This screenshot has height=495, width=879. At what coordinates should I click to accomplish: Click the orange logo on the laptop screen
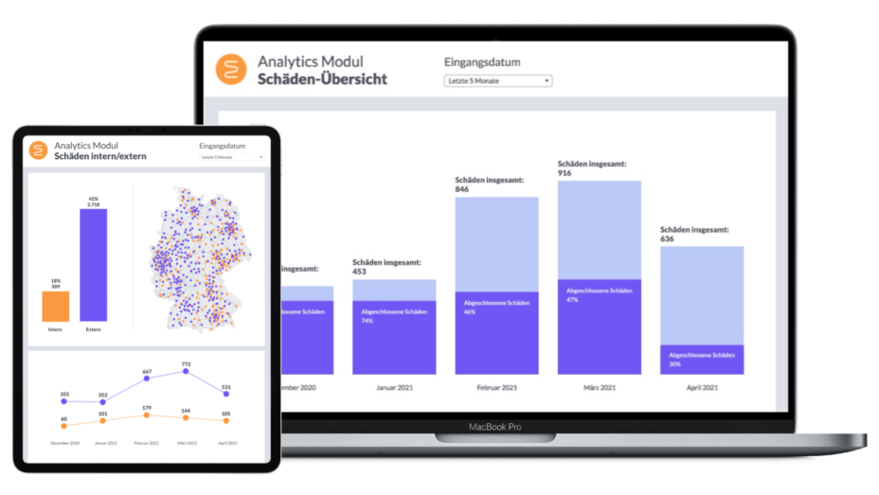point(230,70)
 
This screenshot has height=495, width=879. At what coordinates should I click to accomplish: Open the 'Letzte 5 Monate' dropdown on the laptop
point(497,81)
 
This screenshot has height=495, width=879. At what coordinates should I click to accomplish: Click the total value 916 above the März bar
point(566,172)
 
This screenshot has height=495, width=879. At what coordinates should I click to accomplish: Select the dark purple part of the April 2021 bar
point(701,360)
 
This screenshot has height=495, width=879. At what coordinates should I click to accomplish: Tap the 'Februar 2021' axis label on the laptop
point(496,387)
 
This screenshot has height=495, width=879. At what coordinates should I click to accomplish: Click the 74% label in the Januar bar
point(367,321)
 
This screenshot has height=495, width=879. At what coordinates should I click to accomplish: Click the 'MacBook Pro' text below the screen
point(495,427)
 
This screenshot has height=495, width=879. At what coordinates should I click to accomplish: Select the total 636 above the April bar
point(669,239)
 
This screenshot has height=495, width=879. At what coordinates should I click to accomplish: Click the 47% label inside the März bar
point(571,299)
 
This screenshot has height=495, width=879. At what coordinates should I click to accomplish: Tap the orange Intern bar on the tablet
point(56,306)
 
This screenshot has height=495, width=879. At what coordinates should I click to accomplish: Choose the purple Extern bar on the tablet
point(93,265)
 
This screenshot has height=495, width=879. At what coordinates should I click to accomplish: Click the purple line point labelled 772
point(187,372)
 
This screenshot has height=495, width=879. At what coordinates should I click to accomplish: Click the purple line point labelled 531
point(226,393)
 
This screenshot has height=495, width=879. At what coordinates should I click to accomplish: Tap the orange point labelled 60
point(64,426)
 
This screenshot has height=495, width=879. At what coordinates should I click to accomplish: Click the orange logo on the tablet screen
point(38,150)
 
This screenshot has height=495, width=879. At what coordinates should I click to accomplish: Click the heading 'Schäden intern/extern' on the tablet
point(99,156)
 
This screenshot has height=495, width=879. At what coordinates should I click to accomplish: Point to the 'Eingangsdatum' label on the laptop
point(482,62)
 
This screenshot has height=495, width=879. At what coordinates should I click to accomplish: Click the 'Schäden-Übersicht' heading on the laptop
point(322,80)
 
